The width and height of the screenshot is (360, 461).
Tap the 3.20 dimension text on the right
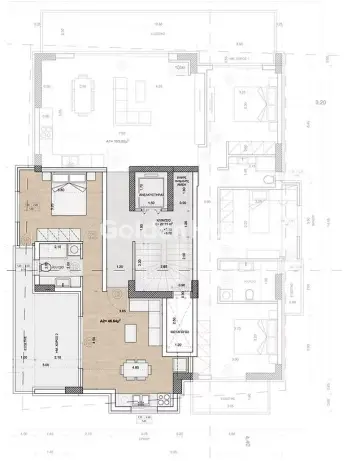pos(320,102)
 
